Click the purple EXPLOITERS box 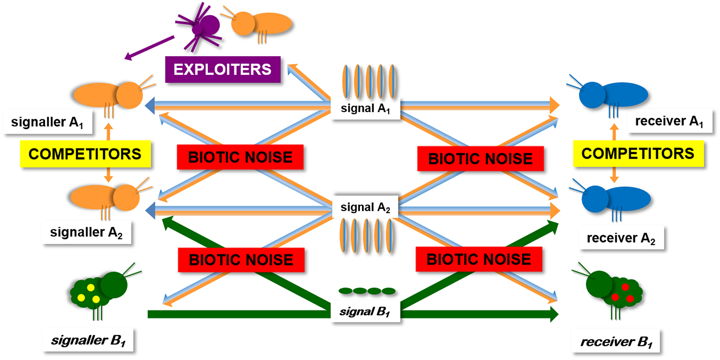click(223, 70)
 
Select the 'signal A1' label click(365, 108)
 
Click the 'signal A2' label click(365, 207)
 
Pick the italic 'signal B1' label click(365, 312)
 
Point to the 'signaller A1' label click(47, 122)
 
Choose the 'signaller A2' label click(86, 232)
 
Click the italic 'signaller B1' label click(88, 340)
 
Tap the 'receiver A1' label click(669, 121)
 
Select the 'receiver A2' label click(621, 238)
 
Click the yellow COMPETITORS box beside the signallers click(85, 154)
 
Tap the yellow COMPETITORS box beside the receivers click(638, 154)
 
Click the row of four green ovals click(367, 291)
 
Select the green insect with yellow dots click(99, 290)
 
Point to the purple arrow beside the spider click(150, 48)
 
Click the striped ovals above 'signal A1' click(369, 81)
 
